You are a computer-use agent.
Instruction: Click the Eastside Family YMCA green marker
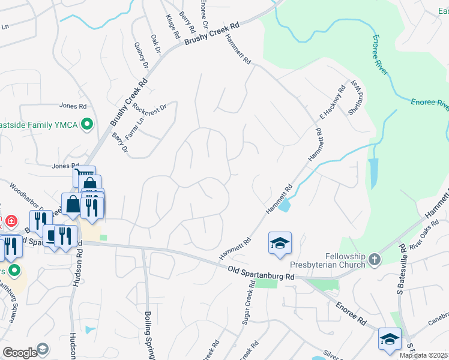88,125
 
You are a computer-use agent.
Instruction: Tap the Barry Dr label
119,143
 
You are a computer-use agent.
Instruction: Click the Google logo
19,353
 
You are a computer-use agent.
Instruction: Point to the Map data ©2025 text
423,355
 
